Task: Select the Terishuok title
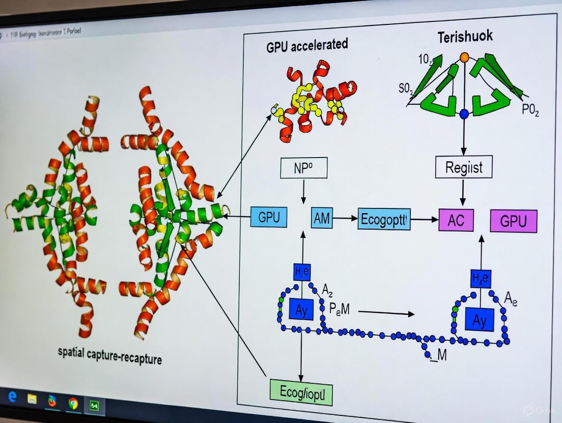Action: [x=464, y=36]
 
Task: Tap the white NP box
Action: [x=303, y=168]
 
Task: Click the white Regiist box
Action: [x=463, y=167]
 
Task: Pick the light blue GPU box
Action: [x=269, y=218]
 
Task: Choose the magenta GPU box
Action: [x=513, y=221]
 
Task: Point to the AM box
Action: [x=321, y=218]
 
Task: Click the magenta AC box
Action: [x=456, y=220]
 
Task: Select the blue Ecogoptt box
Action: [x=384, y=219]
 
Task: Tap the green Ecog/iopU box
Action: [x=300, y=392]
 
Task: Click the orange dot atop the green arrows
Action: [x=464, y=57]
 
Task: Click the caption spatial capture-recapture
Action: [x=110, y=356]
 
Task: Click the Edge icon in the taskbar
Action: [x=12, y=397]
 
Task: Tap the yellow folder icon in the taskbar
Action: [x=32, y=399]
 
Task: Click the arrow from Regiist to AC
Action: [x=463, y=192]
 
